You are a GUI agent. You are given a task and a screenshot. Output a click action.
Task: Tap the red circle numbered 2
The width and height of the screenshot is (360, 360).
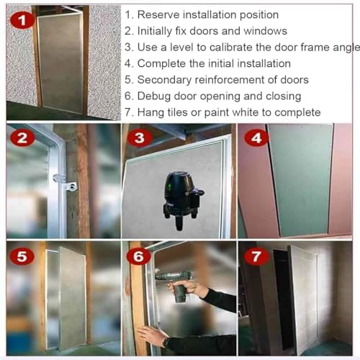click(x=22, y=139)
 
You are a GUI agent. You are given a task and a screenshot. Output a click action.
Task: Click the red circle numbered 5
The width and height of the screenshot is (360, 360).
click(x=22, y=256)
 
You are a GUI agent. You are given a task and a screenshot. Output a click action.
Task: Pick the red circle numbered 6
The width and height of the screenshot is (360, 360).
click(x=140, y=256)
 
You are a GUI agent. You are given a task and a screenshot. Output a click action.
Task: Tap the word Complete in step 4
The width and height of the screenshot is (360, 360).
click(x=162, y=63)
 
